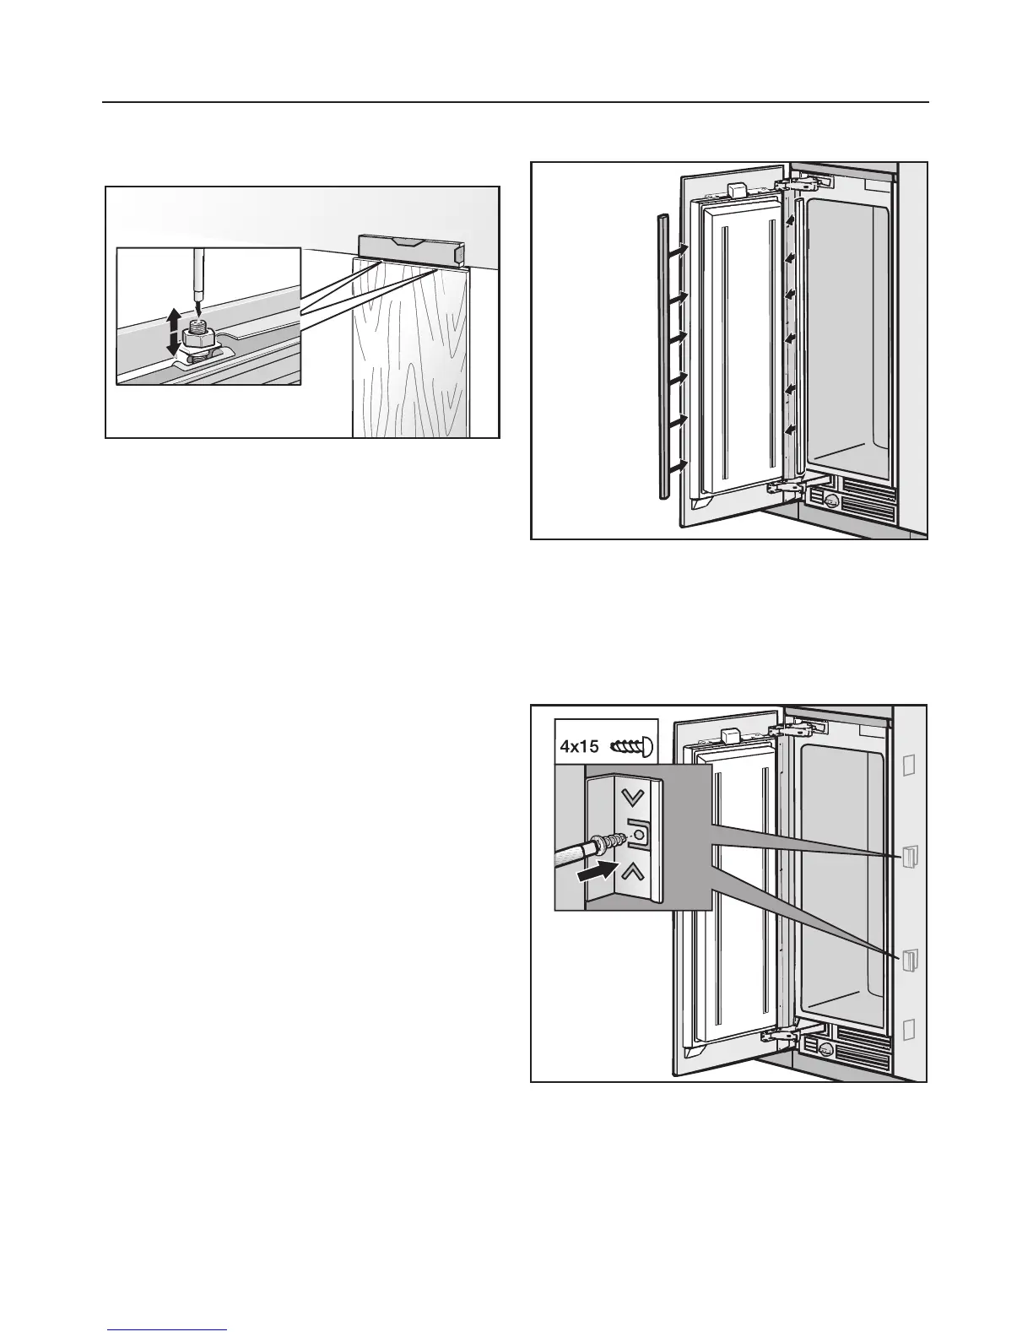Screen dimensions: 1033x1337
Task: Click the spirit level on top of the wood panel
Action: (x=411, y=248)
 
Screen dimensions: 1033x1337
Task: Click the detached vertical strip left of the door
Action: (x=662, y=355)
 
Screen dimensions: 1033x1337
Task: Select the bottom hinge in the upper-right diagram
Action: (x=789, y=485)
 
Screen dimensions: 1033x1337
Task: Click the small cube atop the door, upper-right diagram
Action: (x=737, y=189)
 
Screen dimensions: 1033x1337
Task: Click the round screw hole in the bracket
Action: (x=638, y=836)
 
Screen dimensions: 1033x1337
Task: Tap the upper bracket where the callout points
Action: (x=909, y=856)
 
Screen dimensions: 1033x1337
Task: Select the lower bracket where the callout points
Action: (x=909, y=961)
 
